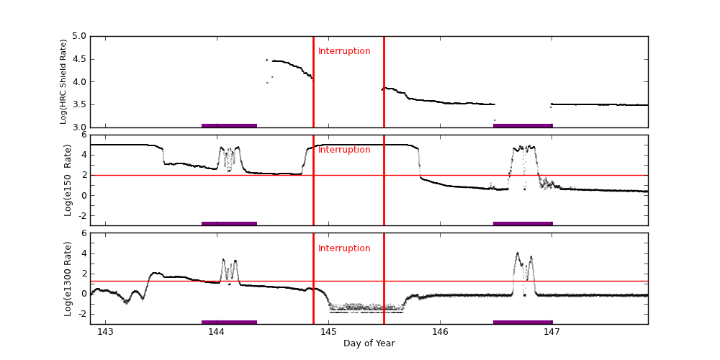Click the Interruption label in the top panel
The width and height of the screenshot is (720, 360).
pos(344,51)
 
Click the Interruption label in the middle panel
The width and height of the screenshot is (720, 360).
pos(344,150)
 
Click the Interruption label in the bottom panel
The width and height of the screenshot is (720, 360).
pos(344,248)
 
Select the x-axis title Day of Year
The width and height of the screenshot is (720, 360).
pos(369,343)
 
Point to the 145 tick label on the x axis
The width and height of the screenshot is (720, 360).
pos(328,332)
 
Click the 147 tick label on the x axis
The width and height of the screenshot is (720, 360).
pos(552,332)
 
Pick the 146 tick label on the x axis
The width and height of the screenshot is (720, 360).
pos(441,332)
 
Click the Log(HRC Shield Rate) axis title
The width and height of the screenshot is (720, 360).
pos(63,81)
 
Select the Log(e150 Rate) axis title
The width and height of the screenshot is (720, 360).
pos(68,180)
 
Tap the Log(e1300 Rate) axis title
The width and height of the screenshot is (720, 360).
pos(68,278)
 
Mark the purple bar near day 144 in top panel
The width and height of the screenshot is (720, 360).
pos(229,125)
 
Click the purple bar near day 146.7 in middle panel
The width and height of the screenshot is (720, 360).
pos(523,223)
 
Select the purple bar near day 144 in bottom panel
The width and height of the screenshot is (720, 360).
pos(229,322)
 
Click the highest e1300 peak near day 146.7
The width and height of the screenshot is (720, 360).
pos(518,253)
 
